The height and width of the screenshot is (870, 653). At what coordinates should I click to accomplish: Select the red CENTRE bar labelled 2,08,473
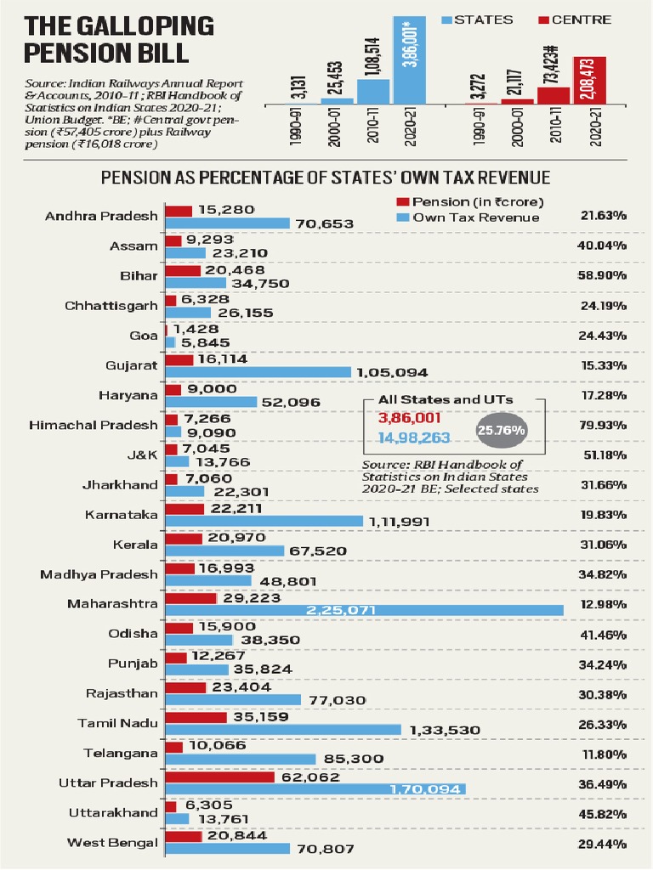[596, 82]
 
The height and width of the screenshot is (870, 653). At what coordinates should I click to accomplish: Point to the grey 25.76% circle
[502, 430]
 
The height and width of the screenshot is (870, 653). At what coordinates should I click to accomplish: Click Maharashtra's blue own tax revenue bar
[364, 611]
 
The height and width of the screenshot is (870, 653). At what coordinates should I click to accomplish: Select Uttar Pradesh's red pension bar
[219, 777]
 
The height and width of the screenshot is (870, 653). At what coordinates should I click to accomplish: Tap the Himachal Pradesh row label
[94, 425]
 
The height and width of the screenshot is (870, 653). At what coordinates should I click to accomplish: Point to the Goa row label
[145, 336]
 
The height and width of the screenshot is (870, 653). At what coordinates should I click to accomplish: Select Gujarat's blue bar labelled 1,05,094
[258, 372]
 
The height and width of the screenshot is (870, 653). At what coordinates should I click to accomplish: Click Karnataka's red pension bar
[185, 509]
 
